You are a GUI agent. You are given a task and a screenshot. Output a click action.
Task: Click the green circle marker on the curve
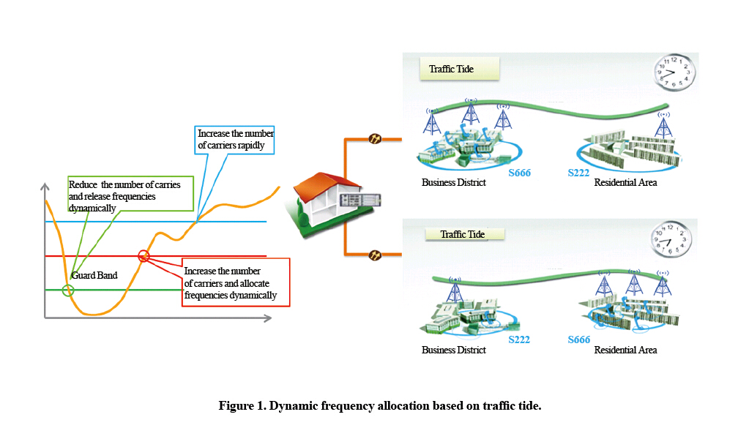[x=68, y=290]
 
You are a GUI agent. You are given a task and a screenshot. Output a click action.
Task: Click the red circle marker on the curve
[x=144, y=255]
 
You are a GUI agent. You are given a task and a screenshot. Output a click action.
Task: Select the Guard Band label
[x=94, y=276]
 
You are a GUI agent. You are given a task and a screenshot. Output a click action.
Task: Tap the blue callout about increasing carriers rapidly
[x=236, y=139]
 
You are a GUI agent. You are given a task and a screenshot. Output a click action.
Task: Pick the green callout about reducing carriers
[x=124, y=195]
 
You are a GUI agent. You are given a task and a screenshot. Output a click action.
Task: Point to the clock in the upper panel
[x=674, y=72]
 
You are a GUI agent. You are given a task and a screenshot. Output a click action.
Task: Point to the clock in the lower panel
[x=671, y=239]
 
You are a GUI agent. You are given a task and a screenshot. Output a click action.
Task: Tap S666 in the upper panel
[x=519, y=173]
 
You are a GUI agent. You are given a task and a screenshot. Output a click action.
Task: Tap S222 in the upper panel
[x=579, y=173]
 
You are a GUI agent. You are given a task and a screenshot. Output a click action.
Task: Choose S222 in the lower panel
[x=519, y=339]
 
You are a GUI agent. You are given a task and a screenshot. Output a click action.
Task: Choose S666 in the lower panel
[x=579, y=339]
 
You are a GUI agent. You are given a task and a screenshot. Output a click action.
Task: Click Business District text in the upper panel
[x=453, y=183]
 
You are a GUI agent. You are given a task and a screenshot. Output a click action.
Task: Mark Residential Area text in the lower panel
[x=625, y=350]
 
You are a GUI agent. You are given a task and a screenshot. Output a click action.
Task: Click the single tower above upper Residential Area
[x=663, y=127]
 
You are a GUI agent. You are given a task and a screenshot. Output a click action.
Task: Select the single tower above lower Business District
[x=455, y=290]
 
